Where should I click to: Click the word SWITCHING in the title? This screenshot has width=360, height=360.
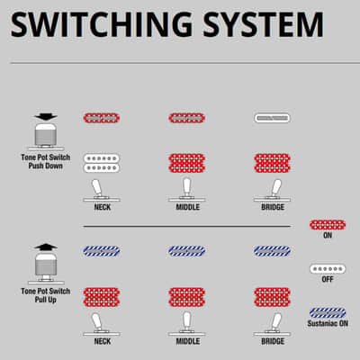pos(101,24)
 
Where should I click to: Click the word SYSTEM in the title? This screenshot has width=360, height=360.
pos(263,24)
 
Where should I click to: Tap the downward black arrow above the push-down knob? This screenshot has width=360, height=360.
pos(46,117)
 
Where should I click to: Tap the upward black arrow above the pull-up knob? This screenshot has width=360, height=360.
pos(46,247)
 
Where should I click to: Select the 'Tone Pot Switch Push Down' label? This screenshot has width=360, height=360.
pos(46,161)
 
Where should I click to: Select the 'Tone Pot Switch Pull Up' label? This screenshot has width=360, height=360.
pos(46,295)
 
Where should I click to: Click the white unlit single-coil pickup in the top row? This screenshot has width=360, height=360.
pos(272,118)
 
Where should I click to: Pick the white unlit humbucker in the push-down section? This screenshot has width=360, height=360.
pos(102,163)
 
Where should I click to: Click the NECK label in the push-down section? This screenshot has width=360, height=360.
pos(103,207)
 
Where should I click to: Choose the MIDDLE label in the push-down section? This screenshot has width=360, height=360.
pos(188,207)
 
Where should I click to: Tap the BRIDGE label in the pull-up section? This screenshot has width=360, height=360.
pos(273,341)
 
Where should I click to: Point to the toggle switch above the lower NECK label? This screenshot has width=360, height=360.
pos(102,324)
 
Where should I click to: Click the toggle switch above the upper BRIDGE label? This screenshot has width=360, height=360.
pos(272,190)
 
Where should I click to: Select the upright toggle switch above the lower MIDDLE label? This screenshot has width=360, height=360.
pos(187,324)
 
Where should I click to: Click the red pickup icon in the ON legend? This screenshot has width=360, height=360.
pos(328,225)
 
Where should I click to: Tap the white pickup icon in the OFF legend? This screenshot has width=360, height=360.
pos(328,269)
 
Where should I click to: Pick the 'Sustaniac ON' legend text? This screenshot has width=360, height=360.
pos(328,323)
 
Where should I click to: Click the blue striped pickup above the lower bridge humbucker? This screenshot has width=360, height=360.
pos(272,251)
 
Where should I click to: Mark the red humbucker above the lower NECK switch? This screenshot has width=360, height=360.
pos(102,297)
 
